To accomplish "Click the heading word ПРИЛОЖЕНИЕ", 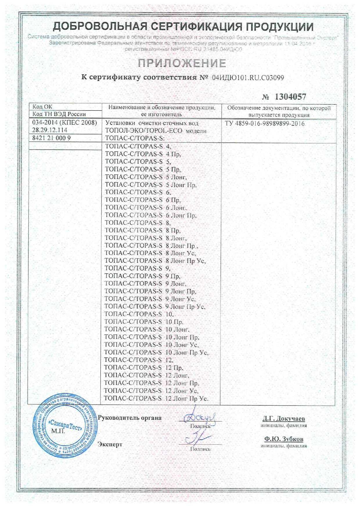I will point(182,63).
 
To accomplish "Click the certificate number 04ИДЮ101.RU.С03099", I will point(248,78).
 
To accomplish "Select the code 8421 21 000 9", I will point(51,138).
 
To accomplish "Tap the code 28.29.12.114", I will point(50,130).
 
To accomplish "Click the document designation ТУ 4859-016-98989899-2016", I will point(264,124).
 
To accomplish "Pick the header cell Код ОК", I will point(42,107).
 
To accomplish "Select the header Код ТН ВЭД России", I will point(59,114).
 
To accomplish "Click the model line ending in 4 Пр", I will point(143,154).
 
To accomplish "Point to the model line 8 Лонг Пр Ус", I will point(155,261).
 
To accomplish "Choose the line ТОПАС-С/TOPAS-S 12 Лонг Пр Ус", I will point(156,398).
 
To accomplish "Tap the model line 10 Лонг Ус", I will point(151,345).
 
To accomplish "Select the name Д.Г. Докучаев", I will point(284,418).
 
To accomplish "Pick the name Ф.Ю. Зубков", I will point(284,439).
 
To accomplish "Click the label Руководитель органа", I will point(129,418).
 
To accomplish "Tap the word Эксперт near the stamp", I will point(110,445).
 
